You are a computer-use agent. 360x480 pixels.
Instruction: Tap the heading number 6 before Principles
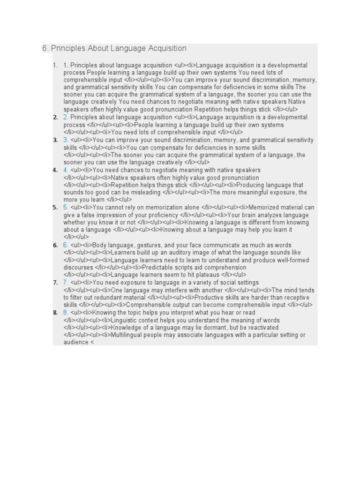pos(45,48)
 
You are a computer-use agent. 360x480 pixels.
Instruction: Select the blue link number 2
pos(66,117)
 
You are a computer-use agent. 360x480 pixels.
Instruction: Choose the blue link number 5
pos(66,207)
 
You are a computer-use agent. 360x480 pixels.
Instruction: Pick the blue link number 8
pos(66,312)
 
